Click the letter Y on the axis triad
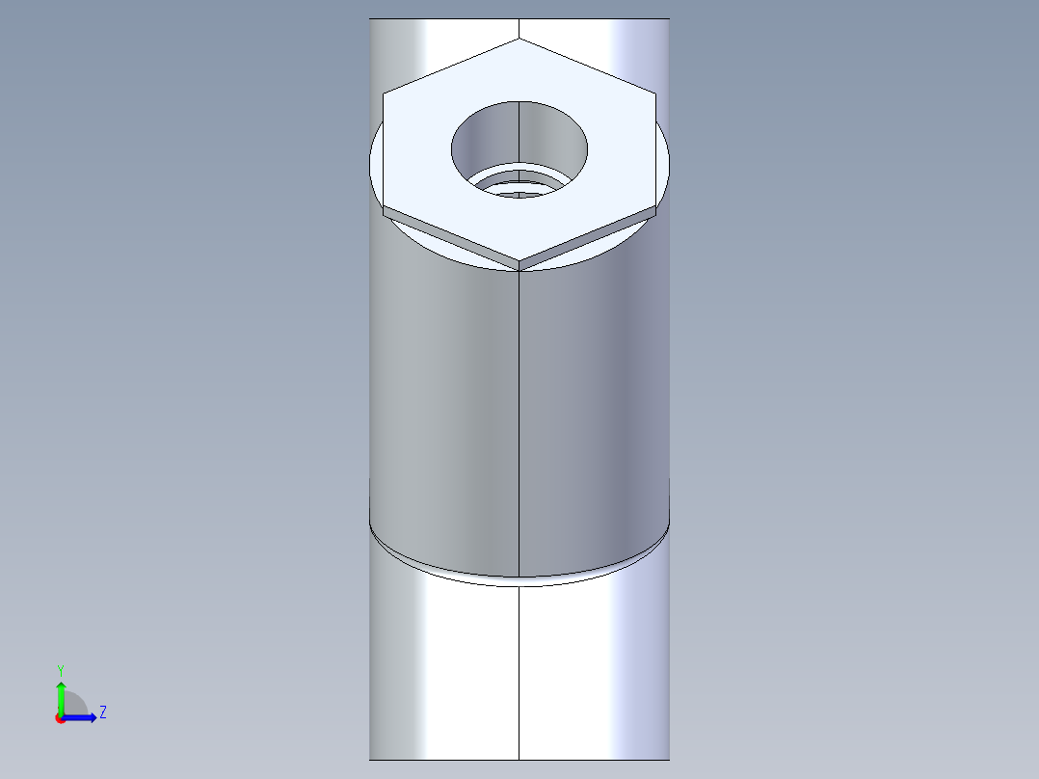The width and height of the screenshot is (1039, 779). click(x=60, y=669)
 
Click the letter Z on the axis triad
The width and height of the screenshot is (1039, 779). click(x=102, y=712)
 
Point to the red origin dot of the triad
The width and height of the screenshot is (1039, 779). click(x=60, y=718)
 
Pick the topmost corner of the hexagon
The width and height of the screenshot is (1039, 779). click(x=519, y=39)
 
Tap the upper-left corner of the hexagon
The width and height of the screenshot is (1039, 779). click(x=384, y=94)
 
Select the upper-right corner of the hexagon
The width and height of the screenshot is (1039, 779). click(x=655, y=94)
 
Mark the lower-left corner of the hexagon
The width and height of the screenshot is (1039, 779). click(x=384, y=208)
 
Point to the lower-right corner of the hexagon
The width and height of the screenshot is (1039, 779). click(x=655, y=208)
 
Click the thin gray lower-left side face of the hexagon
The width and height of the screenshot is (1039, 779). click(x=448, y=237)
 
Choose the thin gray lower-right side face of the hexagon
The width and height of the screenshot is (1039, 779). click(x=590, y=237)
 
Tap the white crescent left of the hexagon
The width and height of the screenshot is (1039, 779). click(x=377, y=164)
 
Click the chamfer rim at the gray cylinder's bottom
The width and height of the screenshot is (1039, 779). click(x=434, y=565)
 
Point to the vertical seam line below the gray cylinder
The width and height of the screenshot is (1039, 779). click(x=519, y=675)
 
